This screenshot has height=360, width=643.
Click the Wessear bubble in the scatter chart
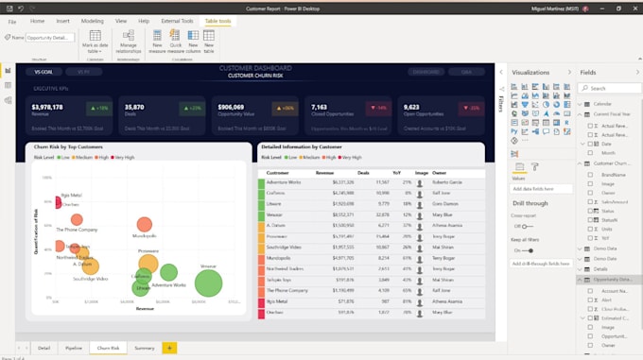click(209, 281)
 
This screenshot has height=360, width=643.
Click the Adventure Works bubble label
click(168, 284)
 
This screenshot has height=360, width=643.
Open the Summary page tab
click(145, 349)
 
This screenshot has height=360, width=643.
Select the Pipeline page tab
click(74, 349)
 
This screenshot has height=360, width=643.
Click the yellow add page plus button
click(169, 349)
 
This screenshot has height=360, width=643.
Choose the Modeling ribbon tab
click(93, 20)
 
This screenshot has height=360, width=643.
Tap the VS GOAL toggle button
click(43, 71)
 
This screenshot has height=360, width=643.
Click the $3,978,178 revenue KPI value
click(47, 108)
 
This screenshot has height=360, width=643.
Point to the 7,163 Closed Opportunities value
click(320, 108)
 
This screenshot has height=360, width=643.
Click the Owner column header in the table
click(439, 173)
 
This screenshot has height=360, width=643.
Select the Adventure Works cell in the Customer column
click(284, 181)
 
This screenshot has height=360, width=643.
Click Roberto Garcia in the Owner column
click(447, 181)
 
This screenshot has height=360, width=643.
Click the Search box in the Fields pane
click(609, 88)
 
